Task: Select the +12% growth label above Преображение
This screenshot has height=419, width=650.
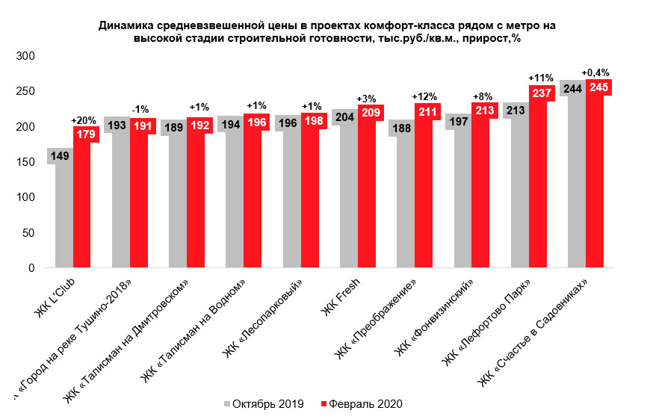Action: pyautogui.click(x=424, y=98)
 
